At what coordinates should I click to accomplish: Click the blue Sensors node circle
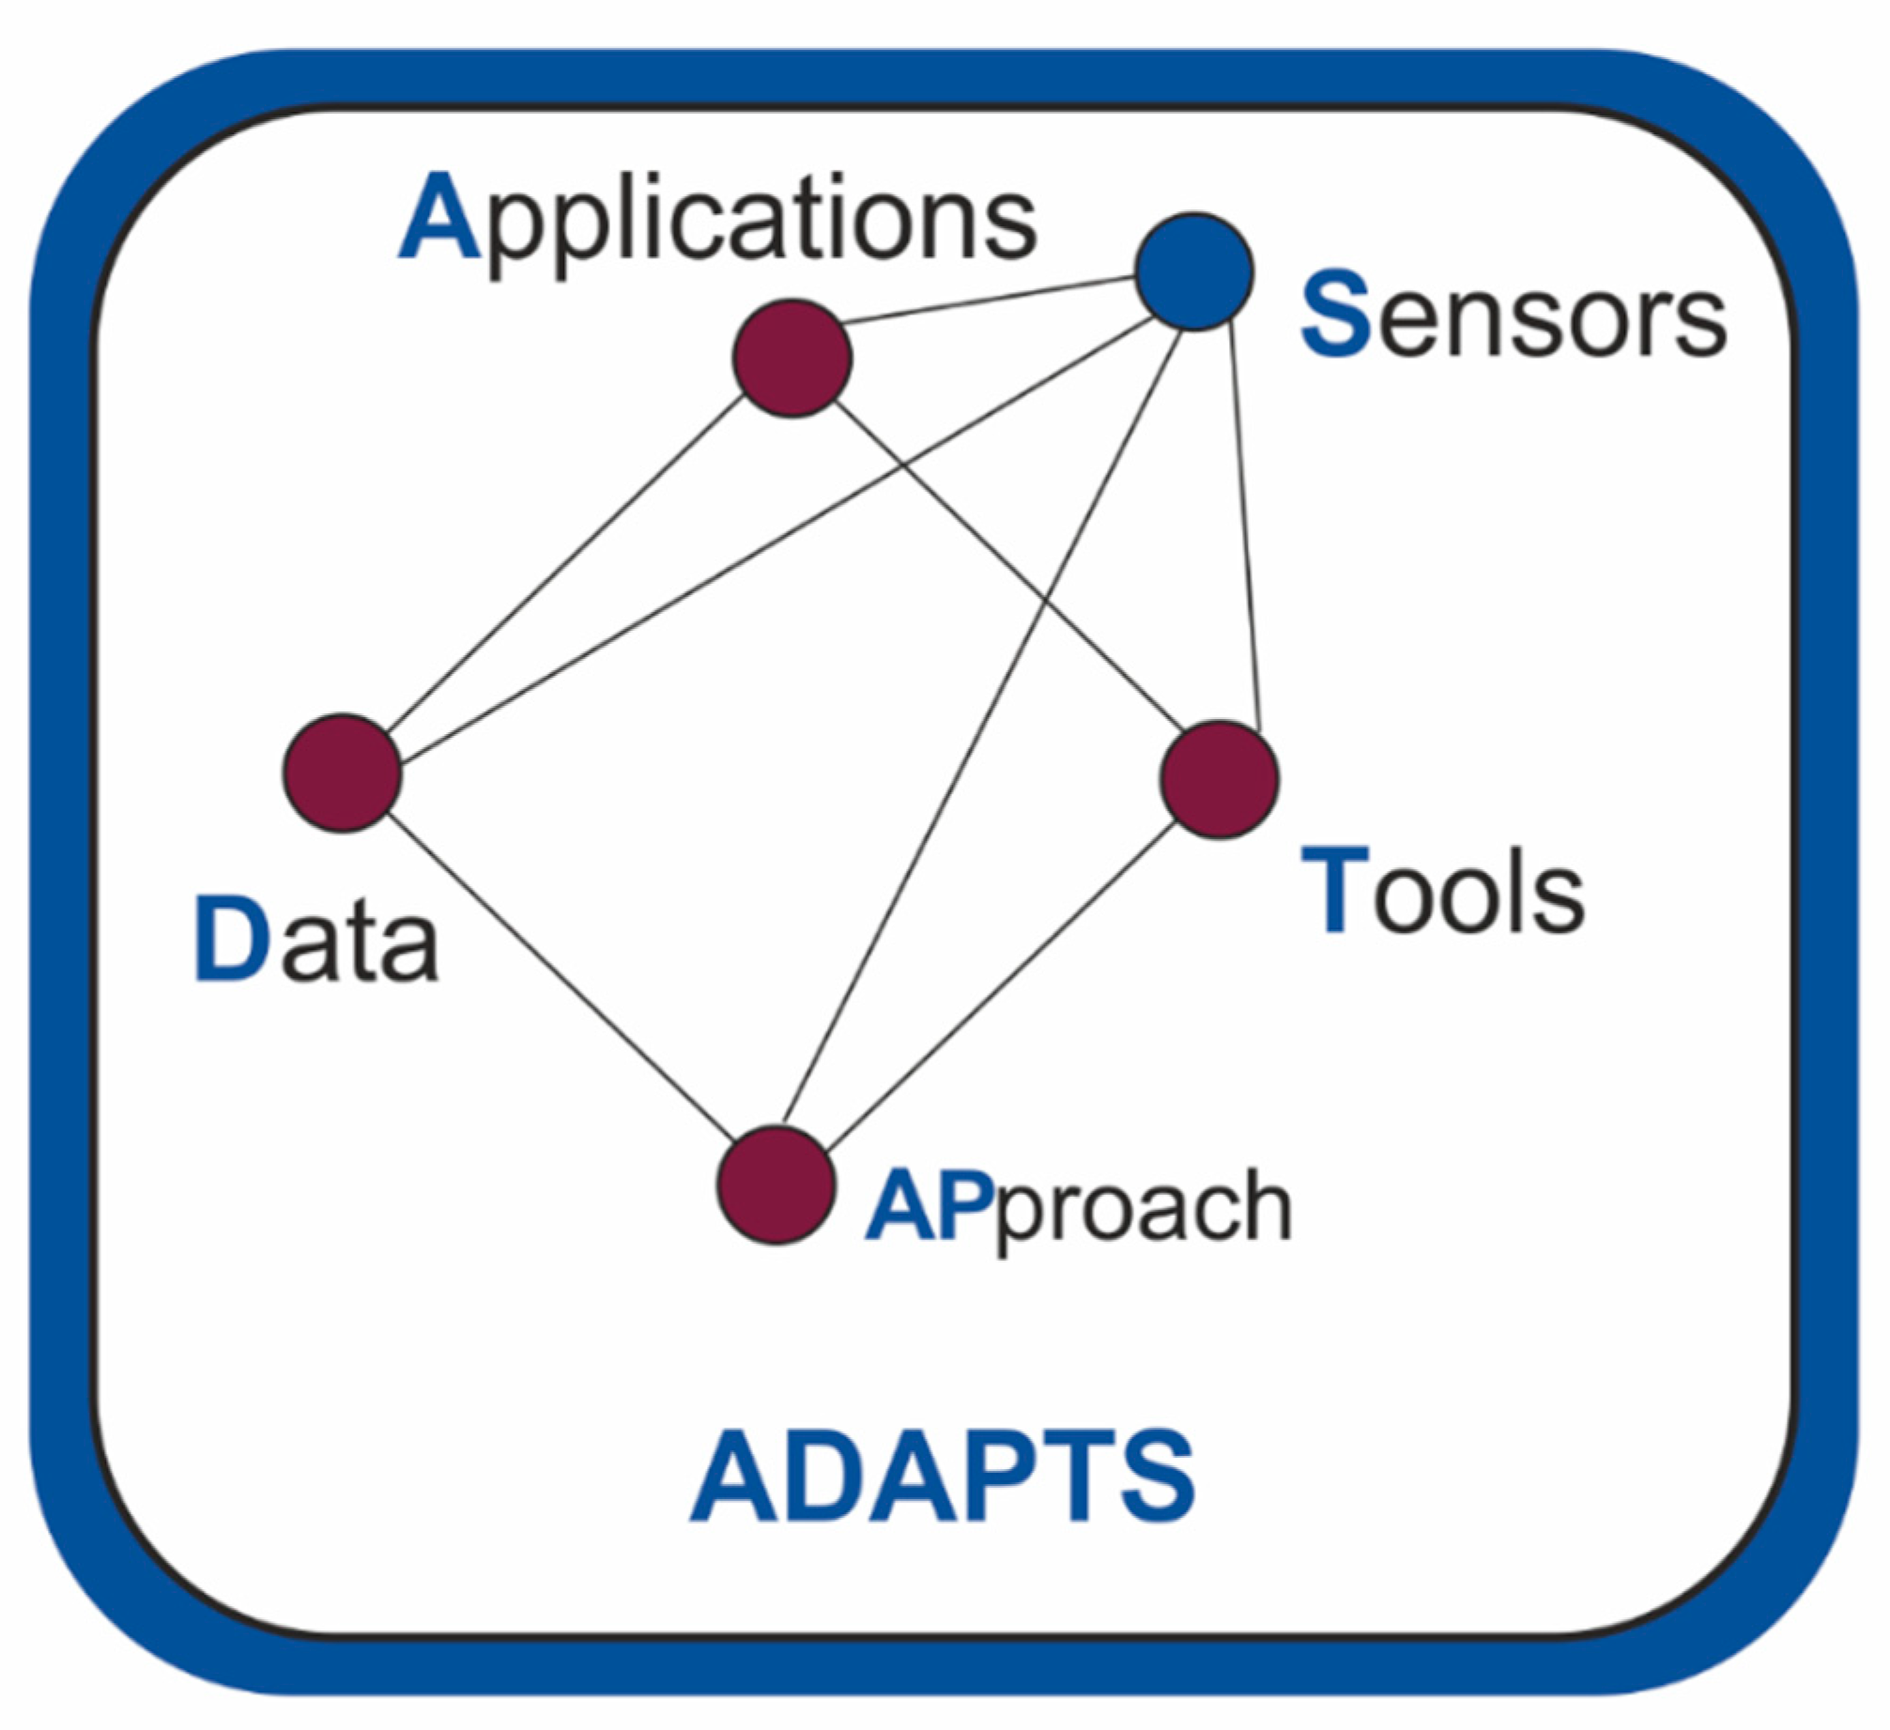coord(1193,272)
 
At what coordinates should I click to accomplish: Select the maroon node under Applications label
coord(791,359)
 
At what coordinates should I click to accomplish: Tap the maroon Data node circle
coord(343,773)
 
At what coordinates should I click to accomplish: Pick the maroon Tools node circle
coord(1219,779)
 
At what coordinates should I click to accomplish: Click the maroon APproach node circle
coord(776,1186)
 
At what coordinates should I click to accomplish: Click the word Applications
coord(718,220)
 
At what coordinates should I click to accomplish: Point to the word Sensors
coord(1513,315)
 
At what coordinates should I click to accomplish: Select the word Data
coord(315,939)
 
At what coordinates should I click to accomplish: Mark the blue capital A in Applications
coord(439,218)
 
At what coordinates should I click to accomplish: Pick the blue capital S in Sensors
coord(1335,314)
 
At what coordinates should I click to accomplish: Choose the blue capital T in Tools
coord(1333,890)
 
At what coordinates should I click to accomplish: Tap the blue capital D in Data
coord(232,939)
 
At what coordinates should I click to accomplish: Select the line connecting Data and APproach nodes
coord(561,978)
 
